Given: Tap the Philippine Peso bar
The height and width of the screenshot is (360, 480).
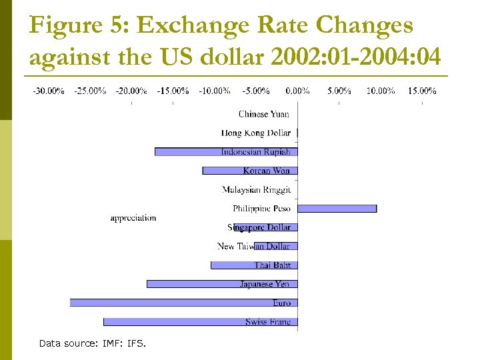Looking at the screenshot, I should tap(337, 209).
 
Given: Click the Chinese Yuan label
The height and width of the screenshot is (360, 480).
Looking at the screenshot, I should tap(264, 114).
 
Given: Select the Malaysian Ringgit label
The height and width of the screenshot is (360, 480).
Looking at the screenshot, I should tap(257, 190).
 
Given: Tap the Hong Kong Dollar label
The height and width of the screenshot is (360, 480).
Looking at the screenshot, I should tap(256, 133).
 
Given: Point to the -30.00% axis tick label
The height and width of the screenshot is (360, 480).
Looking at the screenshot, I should tap(49, 91).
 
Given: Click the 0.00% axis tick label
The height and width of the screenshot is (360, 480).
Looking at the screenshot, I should tap(297, 91).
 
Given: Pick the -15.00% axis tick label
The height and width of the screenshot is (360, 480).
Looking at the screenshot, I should tap(173, 91).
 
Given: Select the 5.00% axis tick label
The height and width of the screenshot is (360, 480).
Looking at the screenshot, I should tap(339, 91).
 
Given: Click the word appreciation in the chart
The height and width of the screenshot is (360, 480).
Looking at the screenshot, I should tap(133, 218).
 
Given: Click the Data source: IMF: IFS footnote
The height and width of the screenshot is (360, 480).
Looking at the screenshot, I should tap(92, 343).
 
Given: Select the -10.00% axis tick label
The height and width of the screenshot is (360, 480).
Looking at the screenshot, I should tap(215, 91).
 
